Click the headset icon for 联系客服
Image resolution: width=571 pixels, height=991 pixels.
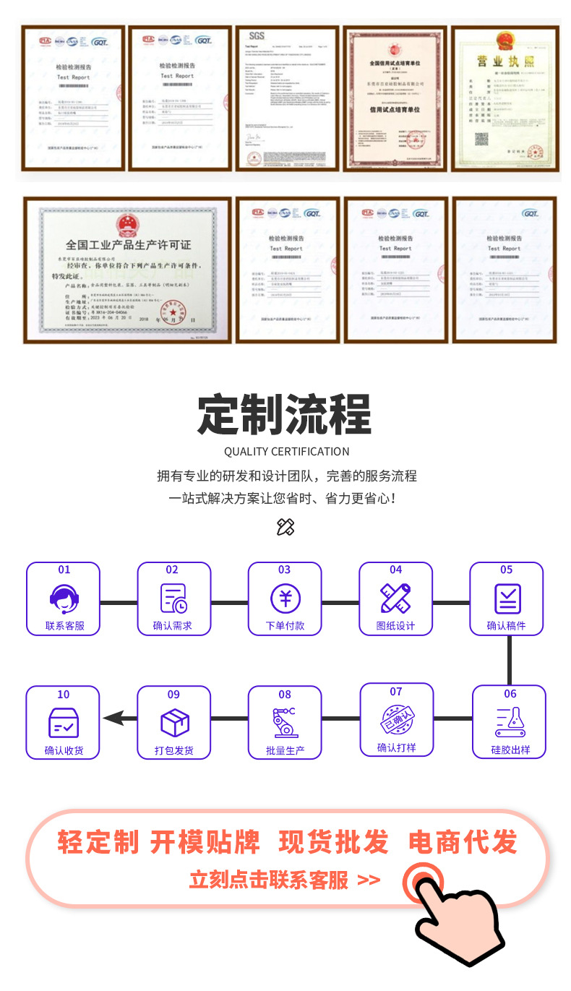pyautogui.click(x=64, y=598)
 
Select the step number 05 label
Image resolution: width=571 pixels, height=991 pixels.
pyautogui.click(x=506, y=570)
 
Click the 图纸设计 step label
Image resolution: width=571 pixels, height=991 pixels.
pyautogui.click(x=395, y=626)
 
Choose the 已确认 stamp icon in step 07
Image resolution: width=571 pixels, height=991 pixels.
pyautogui.click(x=397, y=720)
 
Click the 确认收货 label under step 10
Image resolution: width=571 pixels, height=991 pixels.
pyautogui.click(x=64, y=750)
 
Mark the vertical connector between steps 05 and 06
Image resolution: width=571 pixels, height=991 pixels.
pyautogui.click(x=509, y=661)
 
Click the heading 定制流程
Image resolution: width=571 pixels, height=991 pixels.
pyautogui.click(x=285, y=414)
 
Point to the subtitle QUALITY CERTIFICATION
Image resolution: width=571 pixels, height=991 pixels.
pyautogui.click(x=286, y=452)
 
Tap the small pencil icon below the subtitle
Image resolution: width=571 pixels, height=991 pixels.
pyautogui.click(x=285, y=527)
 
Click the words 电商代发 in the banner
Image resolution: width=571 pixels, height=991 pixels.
pyautogui.click(x=463, y=843)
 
